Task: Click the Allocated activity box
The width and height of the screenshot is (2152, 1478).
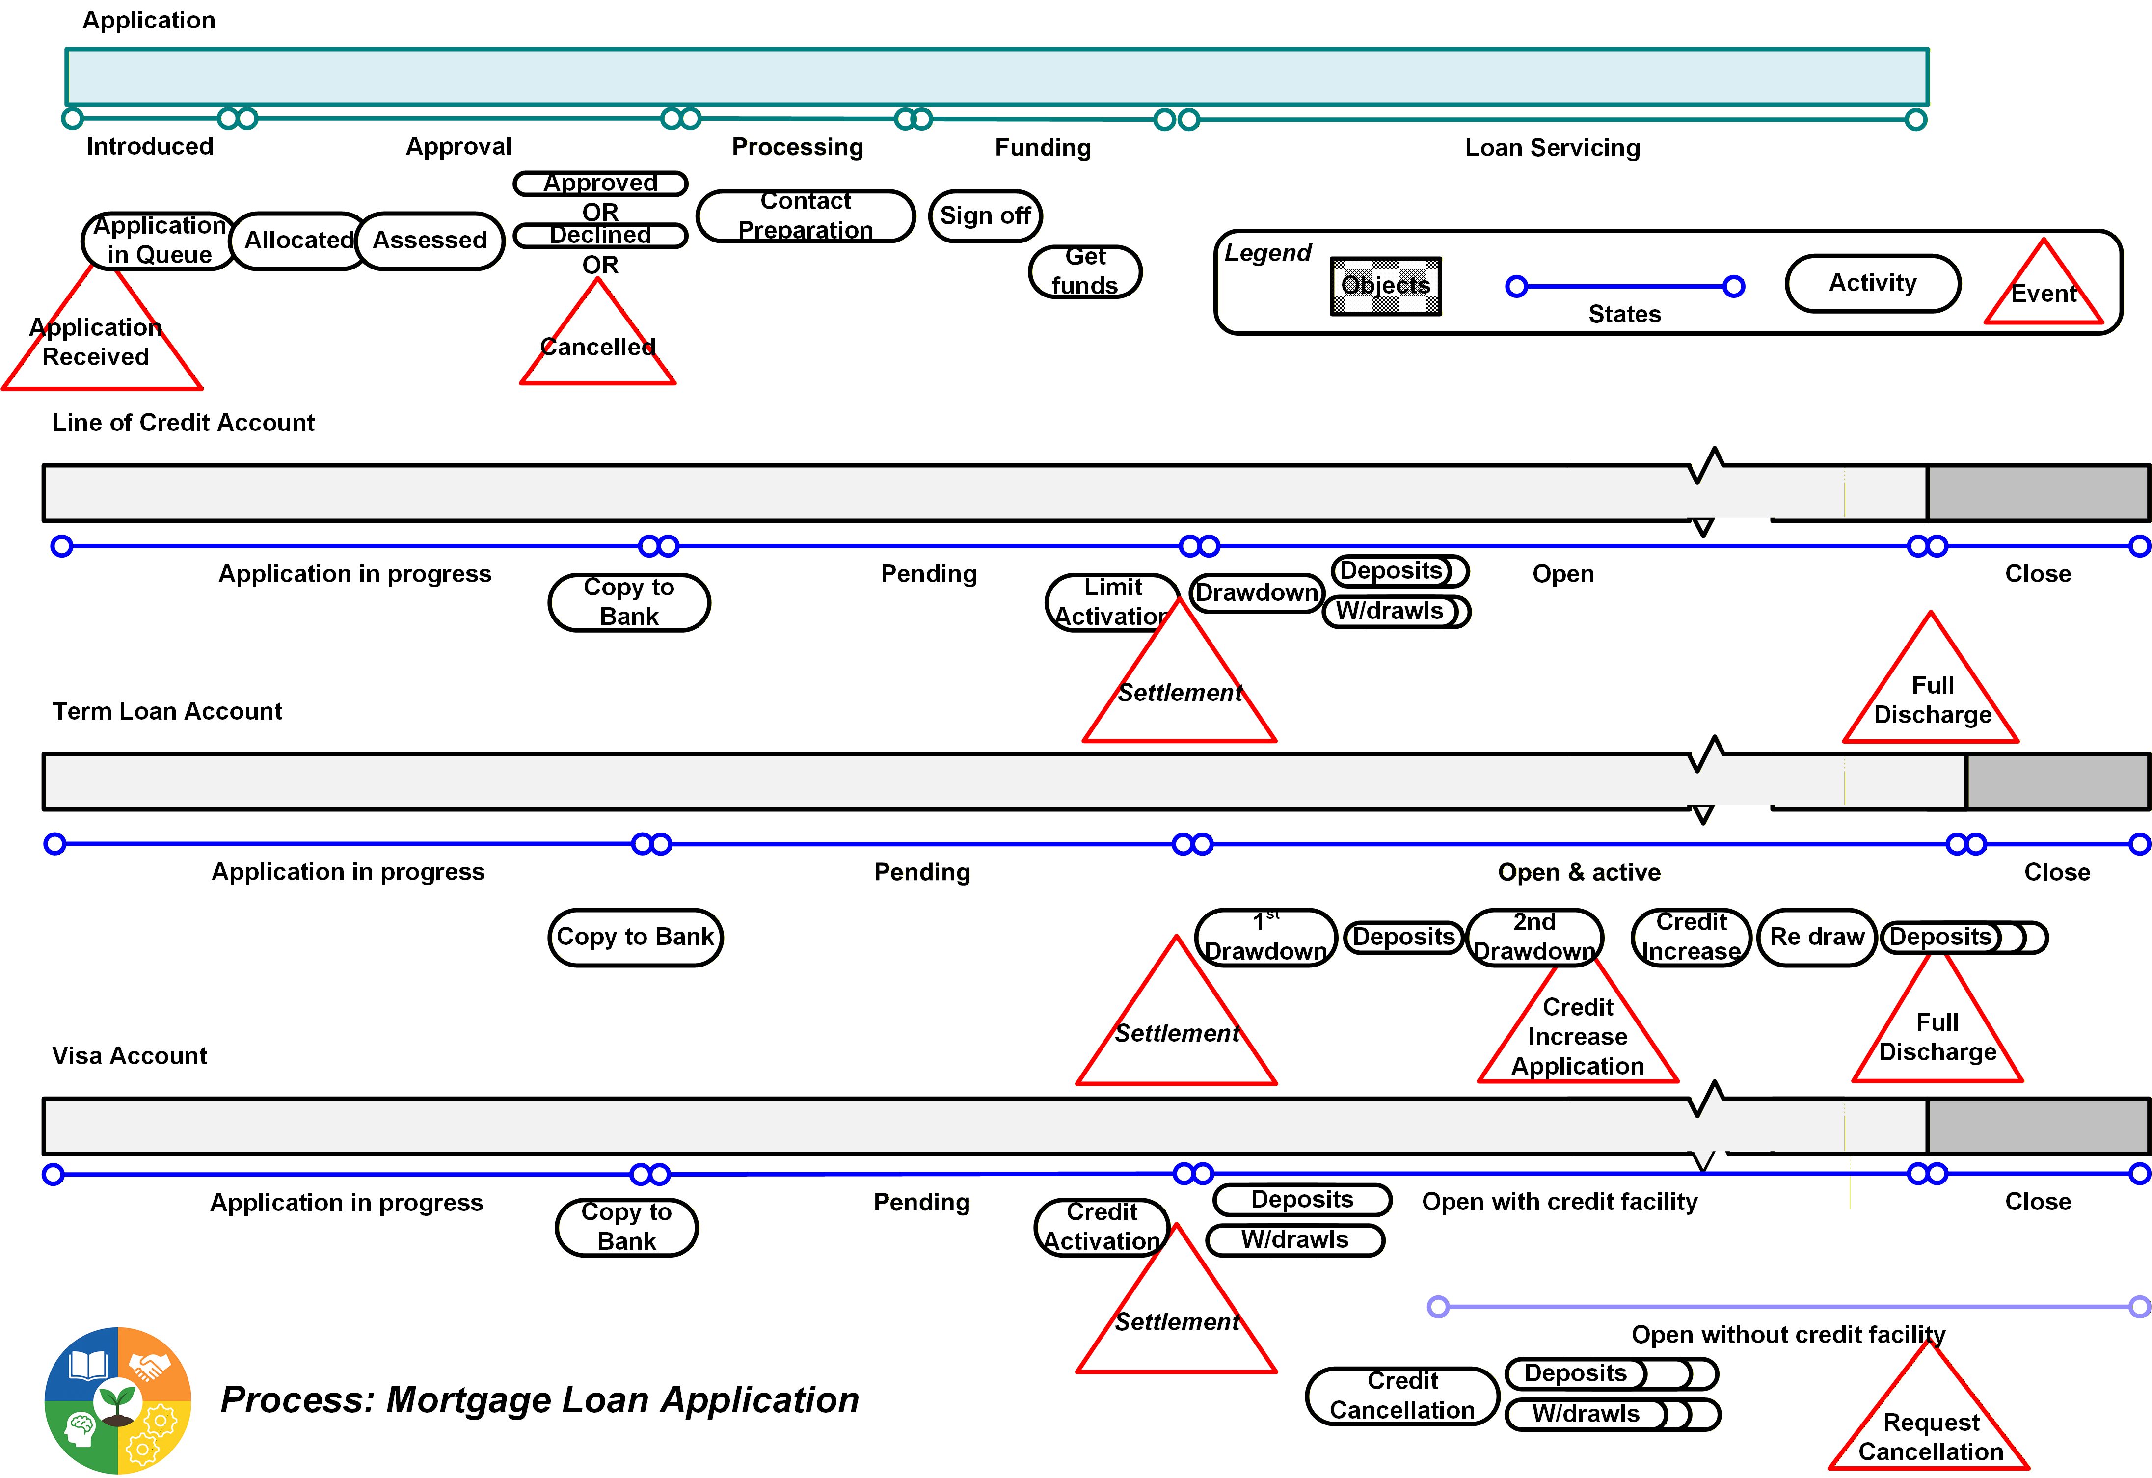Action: (298, 241)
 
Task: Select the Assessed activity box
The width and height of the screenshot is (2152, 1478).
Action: (430, 241)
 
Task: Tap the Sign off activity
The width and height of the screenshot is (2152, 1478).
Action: (985, 216)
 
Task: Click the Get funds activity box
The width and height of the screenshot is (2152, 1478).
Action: (1085, 271)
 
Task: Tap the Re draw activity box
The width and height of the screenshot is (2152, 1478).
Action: (1817, 937)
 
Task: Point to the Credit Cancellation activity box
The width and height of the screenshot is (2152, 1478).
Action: (1402, 1396)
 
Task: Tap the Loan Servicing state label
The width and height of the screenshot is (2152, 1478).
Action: (1552, 148)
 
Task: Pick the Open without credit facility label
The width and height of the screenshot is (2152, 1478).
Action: (1787, 1335)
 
